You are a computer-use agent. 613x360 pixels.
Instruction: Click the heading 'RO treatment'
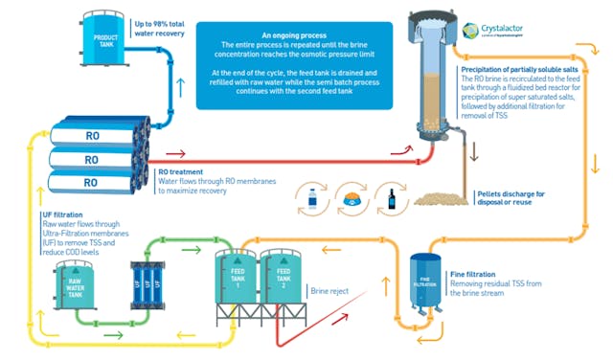click(x=185, y=171)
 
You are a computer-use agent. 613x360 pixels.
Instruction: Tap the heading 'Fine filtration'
click(x=473, y=275)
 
